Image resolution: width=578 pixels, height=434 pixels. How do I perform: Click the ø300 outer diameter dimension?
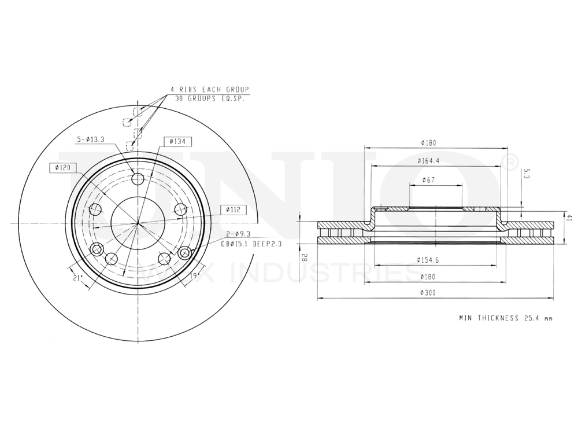(x=428, y=293)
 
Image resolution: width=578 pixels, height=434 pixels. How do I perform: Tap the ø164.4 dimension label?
(x=428, y=160)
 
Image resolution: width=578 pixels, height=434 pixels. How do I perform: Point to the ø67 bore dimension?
(x=428, y=180)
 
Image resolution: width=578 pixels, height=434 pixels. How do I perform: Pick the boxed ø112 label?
(x=233, y=209)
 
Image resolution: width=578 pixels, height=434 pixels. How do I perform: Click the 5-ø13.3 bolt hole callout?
(x=91, y=139)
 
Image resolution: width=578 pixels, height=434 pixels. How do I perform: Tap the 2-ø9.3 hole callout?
(x=238, y=234)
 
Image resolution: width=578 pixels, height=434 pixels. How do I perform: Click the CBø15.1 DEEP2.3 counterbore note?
(x=251, y=244)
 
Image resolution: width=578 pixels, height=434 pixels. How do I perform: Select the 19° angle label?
(x=194, y=275)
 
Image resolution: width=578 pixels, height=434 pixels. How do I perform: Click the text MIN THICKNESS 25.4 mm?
(x=506, y=318)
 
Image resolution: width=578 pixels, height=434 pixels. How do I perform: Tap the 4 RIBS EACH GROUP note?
(x=209, y=90)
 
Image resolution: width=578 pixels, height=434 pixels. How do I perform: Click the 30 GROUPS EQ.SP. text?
(x=209, y=99)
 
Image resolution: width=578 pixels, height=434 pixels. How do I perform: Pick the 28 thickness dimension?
(x=303, y=258)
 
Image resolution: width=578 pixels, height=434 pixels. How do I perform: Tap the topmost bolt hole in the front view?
(x=138, y=178)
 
